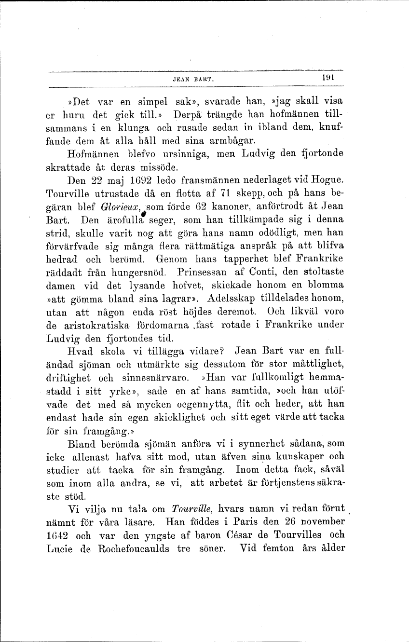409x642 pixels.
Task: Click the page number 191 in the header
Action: (329, 77)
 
